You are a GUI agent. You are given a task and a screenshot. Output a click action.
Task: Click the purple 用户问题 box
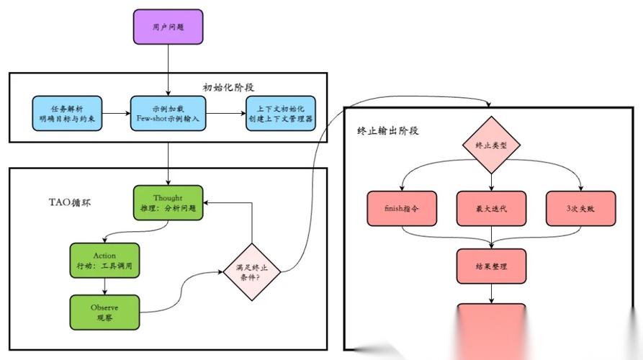pos(168,27)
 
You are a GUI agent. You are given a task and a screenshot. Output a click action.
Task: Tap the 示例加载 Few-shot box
pos(168,113)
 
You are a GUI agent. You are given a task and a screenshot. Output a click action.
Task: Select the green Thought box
pos(168,203)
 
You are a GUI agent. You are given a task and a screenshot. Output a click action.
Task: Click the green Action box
pos(104,260)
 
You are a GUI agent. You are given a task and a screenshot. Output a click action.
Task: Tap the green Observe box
pos(104,312)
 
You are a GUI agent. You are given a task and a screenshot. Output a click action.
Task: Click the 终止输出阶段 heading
pos(388,131)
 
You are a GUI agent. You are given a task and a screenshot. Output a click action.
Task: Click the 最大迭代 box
pos(492,208)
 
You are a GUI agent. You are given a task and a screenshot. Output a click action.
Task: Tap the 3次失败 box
pos(580,208)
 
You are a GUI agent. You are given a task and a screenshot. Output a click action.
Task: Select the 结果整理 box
pos(492,266)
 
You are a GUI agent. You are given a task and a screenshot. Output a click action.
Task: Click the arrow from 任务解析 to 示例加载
pos(116,113)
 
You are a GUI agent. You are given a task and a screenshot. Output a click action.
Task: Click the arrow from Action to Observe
pos(104,286)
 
